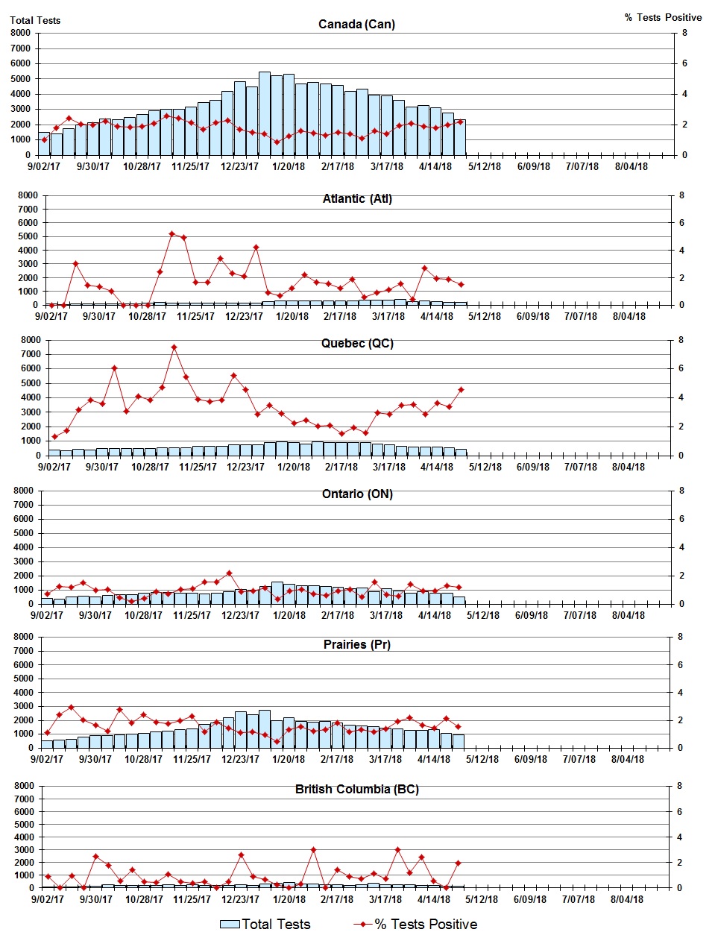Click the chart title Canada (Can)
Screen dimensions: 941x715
tap(356, 24)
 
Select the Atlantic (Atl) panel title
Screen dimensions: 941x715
tap(357, 198)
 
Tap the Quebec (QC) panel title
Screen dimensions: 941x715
tap(357, 343)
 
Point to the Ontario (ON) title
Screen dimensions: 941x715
tap(357, 494)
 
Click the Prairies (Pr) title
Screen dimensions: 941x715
tap(357, 644)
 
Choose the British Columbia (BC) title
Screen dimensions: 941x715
tap(357, 789)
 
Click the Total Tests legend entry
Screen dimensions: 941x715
tap(265, 924)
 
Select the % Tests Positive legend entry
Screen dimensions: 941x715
tap(415, 924)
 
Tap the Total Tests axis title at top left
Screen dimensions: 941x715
tap(35, 20)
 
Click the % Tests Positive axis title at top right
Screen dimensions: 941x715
tap(663, 17)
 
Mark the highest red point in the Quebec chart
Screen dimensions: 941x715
tap(174, 347)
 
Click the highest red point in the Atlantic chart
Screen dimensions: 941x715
tap(171, 233)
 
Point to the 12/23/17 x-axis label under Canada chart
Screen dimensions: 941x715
tap(239, 166)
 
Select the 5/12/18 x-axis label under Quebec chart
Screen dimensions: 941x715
tap(485, 467)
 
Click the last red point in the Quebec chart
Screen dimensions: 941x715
tap(461, 389)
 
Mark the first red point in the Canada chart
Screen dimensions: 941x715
tap(44, 139)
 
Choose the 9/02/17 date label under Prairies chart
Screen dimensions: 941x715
tap(47, 759)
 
